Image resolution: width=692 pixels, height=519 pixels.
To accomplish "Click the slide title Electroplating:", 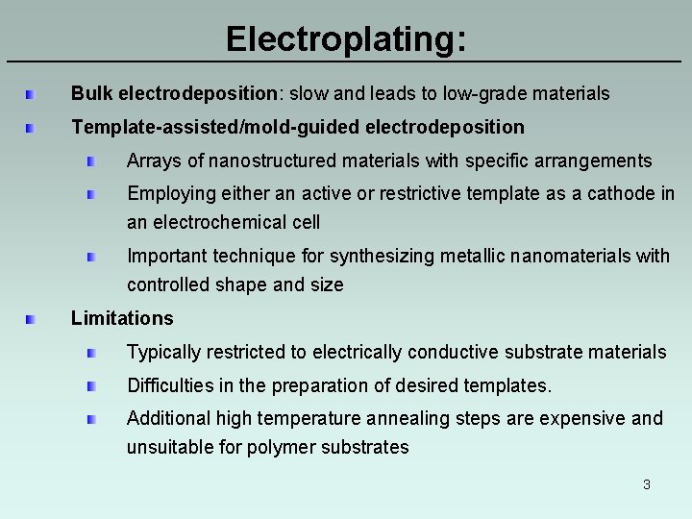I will (346, 39).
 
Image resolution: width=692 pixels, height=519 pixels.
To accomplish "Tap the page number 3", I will (647, 484).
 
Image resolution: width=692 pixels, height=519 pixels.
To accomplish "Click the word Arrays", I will (153, 161).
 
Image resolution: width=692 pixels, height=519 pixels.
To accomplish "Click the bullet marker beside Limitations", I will (32, 318).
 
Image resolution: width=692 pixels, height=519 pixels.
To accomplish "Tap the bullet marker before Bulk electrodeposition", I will (32, 94).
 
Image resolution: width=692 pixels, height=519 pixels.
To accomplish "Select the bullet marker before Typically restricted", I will (90, 353).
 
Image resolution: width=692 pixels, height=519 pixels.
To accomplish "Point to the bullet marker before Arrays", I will (90, 161).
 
